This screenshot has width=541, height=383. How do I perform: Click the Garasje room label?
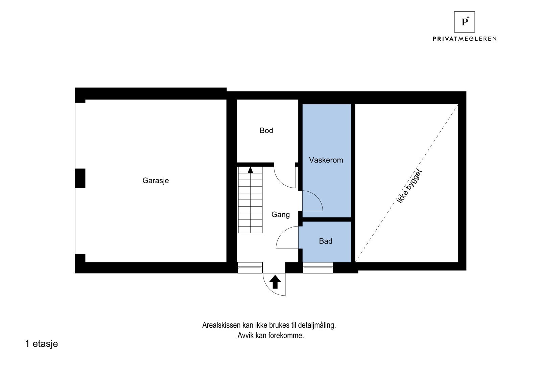pyautogui.click(x=156, y=180)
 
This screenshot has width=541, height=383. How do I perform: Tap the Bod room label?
pyautogui.click(x=266, y=130)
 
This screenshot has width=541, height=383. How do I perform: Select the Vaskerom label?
pyautogui.click(x=326, y=160)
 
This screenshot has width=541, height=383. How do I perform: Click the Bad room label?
pyautogui.click(x=326, y=241)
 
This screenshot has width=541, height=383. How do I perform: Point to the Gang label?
pyautogui.click(x=281, y=214)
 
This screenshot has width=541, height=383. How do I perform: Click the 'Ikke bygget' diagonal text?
pyautogui.click(x=410, y=186)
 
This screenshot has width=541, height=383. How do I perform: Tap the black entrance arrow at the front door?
pyautogui.click(x=275, y=281)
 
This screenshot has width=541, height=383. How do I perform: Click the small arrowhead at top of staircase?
pyautogui.click(x=250, y=170)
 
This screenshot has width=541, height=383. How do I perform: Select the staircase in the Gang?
pyautogui.click(x=250, y=201)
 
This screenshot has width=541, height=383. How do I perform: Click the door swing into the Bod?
pyautogui.click(x=284, y=178)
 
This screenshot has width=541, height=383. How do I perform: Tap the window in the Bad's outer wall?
pyautogui.click(x=318, y=268)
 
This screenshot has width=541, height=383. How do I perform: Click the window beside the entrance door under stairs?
pyautogui.click(x=250, y=268)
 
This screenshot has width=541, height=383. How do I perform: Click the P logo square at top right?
pyautogui.click(x=464, y=22)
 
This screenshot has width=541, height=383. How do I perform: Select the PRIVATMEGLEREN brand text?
pyautogui.click(x=464, y=39)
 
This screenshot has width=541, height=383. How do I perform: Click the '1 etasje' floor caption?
pyautogui.click(x=41, y=344)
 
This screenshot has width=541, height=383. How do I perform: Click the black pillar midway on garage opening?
pyautogui.click(x=80, y=178)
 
